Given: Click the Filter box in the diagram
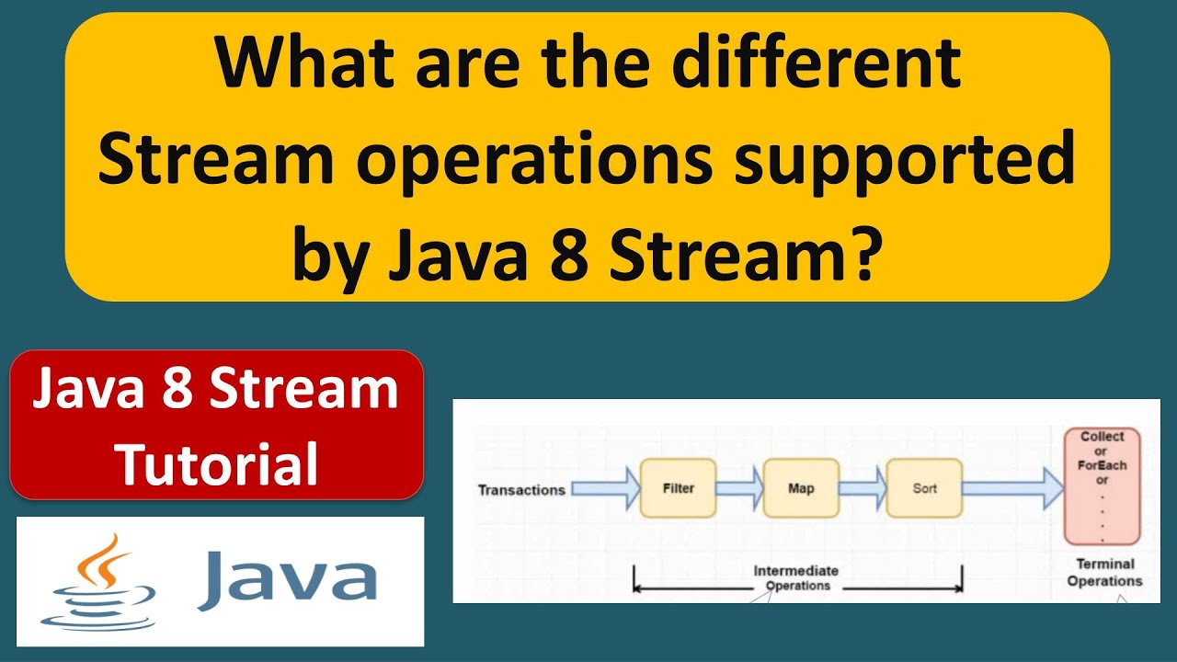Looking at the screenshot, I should [678, 488].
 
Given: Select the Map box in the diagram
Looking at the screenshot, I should [801, 488].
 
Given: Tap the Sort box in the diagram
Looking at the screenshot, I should [924, 488].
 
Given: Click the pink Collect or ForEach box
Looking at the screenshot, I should [1102, 486].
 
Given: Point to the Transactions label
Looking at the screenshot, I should [521, 490].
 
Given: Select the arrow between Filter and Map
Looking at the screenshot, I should [739, 488].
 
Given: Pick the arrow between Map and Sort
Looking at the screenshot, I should [863, 488].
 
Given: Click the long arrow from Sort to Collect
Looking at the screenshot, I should [1012, 488].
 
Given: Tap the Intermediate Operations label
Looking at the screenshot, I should [796, 578].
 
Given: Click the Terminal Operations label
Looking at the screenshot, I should [1104, 572].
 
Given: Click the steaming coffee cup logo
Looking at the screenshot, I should [98, 582].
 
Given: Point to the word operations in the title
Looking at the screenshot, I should [534, 159].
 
